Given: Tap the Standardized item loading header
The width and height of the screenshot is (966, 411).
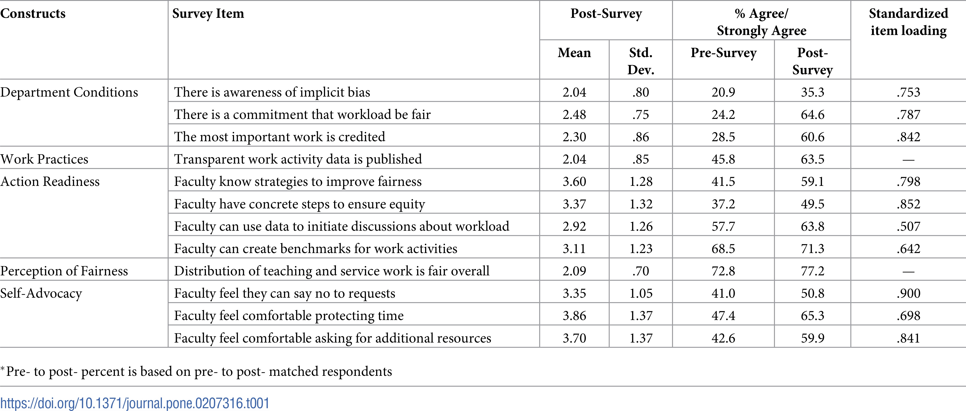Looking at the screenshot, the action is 908,22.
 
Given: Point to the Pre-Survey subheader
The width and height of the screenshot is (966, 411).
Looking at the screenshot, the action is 723,53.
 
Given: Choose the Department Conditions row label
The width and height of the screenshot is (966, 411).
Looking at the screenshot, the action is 69,92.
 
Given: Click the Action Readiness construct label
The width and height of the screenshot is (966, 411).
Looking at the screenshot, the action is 50,182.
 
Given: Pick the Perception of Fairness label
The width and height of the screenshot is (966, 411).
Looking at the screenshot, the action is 64,271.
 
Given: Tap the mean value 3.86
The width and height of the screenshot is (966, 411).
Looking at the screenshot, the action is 574,316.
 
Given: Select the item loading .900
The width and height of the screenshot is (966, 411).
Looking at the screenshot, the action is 908,293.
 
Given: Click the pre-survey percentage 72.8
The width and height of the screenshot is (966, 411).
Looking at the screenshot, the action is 723,271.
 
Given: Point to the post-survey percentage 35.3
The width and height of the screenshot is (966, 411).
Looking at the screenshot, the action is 813,92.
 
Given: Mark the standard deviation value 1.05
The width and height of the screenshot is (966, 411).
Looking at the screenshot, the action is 641,293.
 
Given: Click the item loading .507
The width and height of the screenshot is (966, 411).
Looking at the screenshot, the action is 908,226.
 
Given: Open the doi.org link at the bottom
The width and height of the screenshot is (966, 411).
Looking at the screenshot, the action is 135,403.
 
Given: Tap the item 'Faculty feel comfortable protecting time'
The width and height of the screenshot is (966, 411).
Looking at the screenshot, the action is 289,316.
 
